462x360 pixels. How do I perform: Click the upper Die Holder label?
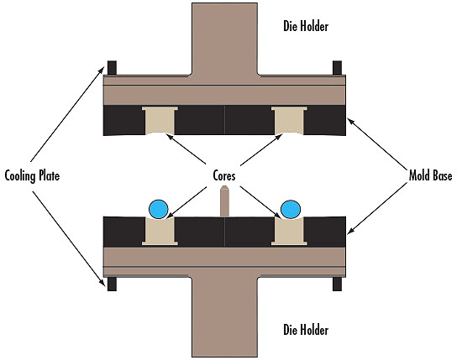[306, 26]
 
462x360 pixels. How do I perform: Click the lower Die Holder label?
[306, 330]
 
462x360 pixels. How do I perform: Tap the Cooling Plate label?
[32, 176]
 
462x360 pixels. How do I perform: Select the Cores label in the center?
[224, 176]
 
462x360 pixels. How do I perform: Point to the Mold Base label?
[430, 175]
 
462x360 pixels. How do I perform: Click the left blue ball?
[159, 209]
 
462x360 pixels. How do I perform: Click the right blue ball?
[291, 209]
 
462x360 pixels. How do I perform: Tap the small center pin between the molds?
[225, 201]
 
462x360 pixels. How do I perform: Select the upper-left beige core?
[160, 120]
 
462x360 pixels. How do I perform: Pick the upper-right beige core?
[289, 120]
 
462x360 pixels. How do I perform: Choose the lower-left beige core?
[160, 232]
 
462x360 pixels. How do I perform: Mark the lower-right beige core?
[289, 232]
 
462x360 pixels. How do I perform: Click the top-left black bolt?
[112, 68]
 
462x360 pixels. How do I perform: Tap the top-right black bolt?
[338, 68]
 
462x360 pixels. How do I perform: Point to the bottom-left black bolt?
[112, 284]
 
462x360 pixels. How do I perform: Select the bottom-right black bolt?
[338, 284]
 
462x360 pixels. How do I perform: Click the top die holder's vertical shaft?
[225, 39]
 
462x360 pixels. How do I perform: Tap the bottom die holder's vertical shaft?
[225, 317]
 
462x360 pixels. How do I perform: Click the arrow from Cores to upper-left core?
[186, 149]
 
